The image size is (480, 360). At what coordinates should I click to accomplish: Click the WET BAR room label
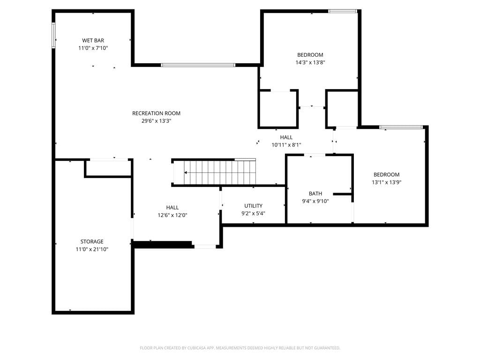click(93, 40)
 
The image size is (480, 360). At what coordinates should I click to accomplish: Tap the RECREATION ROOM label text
click(156, 113)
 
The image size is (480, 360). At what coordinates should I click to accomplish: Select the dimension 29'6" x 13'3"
click(156, 121)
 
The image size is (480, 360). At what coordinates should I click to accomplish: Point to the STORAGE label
click(92, 241)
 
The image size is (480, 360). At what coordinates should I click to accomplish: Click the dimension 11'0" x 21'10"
click(92, 249)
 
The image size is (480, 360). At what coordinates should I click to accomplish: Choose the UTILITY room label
click(253, 206)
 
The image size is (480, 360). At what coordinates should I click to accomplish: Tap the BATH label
click(315, 194)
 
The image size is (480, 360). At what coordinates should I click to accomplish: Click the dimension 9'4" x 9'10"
click(315, 201)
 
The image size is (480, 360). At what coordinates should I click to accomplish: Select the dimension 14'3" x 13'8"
click(310, 62)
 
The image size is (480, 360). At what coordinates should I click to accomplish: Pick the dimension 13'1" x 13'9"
click(386, 182)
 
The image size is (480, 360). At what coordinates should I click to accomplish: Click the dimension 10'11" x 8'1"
click(286, 145)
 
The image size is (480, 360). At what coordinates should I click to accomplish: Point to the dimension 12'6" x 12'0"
click(172, 215)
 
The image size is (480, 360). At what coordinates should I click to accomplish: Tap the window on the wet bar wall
click(53, 35)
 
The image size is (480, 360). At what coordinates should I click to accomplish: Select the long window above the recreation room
click(198, 65)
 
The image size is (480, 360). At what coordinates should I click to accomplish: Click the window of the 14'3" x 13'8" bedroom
click(343, 11)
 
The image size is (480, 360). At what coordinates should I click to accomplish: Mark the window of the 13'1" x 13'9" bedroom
click(401, 127)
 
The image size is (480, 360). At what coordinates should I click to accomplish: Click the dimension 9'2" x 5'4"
click(253, 213)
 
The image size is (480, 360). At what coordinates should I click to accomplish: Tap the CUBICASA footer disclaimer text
click(240, 348)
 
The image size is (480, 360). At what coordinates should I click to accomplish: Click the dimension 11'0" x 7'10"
click(93, 48)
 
